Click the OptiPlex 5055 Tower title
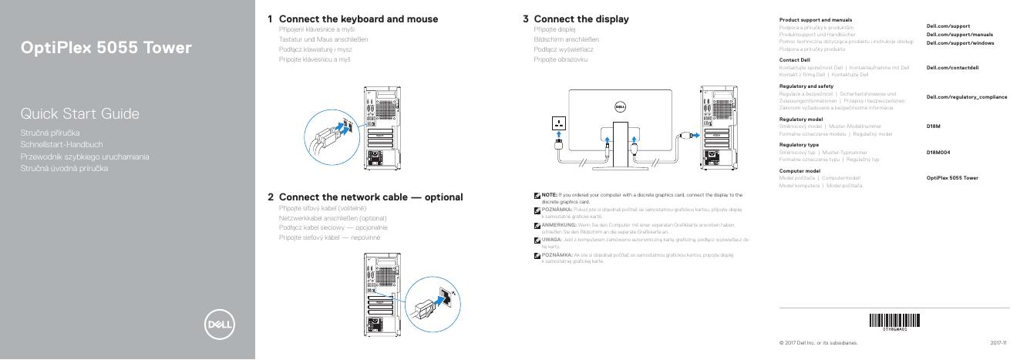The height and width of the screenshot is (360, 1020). tap(106, 49)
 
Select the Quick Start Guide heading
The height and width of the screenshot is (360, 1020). tap(80, 115)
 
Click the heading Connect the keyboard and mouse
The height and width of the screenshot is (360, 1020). tap(358, 19)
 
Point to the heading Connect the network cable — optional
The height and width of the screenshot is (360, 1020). tap(370, 197)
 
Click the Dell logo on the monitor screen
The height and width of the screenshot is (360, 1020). tap(618, 107)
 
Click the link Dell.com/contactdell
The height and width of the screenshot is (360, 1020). tap(951, 68)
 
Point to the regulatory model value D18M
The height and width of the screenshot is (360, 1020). tap(933, 126)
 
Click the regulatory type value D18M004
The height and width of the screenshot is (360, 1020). tap(938, 152)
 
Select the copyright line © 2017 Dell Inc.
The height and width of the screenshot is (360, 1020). tap(818, 342)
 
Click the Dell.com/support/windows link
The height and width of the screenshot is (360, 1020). tap(959, 42)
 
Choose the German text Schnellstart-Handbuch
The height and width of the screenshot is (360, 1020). tap(62, 144)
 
